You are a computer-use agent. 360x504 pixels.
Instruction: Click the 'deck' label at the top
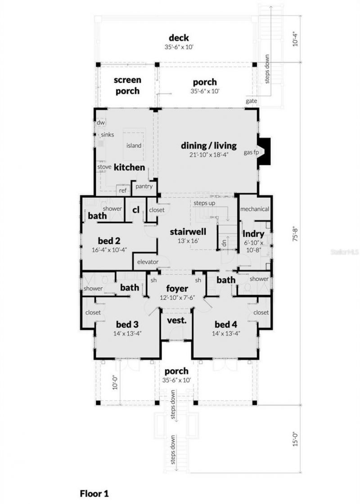pos(179,38)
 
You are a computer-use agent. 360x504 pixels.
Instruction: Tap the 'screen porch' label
pos(127,85)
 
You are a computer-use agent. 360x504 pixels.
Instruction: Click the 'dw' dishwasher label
pos(101,122)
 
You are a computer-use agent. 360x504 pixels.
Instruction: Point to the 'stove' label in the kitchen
pos(104,167)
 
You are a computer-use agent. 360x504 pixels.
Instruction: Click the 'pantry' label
pos(144,186)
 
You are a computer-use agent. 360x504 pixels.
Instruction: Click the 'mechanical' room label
pos(255,209)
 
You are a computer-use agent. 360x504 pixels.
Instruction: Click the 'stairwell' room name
pos(188,232)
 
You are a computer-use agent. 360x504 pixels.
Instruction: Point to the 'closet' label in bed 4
pos(261,312)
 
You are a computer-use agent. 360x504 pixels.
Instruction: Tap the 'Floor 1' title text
pos(94,493)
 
